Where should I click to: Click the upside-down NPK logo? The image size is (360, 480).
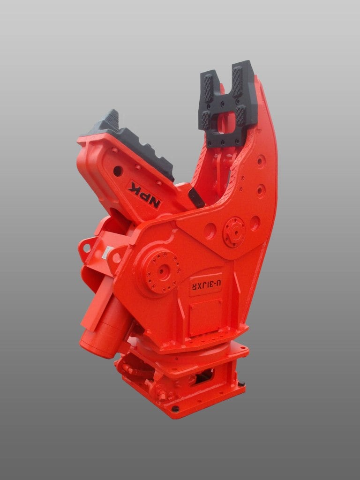145,195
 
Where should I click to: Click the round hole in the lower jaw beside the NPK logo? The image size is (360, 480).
118,171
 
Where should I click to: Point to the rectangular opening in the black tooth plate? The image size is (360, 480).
229,120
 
